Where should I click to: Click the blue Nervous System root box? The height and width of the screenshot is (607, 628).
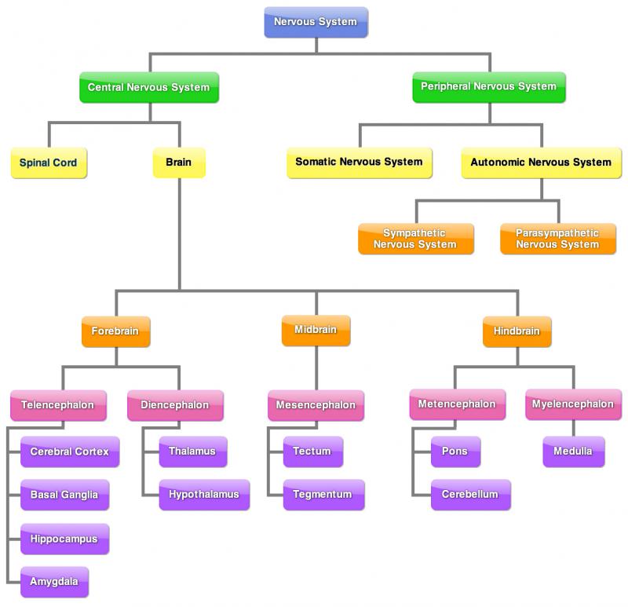tap(316, 23)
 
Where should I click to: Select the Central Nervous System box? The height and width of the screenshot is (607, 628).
tap(148, 87)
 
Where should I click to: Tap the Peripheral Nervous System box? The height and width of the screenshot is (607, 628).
tap(488, 87)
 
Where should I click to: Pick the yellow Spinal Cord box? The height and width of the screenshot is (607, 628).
tap(49, 163)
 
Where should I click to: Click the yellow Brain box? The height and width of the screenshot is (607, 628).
tap(179, 163)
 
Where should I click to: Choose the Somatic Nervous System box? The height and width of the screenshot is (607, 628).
tap(359, 163)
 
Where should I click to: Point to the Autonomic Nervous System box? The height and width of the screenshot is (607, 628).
tap(541, 163)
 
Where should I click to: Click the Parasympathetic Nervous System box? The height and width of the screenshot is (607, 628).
tap(557, 239)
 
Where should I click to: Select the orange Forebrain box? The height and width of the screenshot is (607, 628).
tap(115, 331)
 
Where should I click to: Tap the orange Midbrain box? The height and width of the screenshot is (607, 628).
tap(316, 331)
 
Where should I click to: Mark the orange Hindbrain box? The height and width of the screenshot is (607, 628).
tap(517, 331)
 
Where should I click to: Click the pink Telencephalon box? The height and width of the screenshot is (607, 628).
tap(57, 406)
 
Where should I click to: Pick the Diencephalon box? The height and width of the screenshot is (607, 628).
tap(175, 406)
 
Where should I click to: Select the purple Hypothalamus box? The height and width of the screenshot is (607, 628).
tap(204, 495)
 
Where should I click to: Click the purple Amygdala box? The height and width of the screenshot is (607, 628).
tap(54, 582)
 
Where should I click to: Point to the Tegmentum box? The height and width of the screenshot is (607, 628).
tap(323, 495)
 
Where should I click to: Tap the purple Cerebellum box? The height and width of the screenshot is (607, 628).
tap(470, 495)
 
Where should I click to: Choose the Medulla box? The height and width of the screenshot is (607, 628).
tap(573, 452)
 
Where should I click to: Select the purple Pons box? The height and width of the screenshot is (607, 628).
tap(455, 452)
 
